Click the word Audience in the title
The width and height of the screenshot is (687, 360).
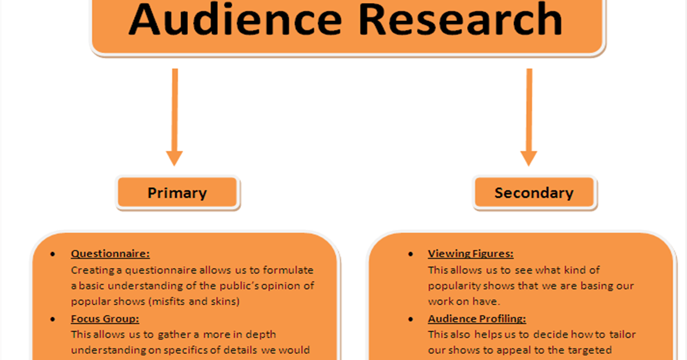point(235,20)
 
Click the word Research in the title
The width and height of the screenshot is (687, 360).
point(460,20)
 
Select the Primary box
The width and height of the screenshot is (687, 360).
point(177,193)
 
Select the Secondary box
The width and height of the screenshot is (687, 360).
point(534,193)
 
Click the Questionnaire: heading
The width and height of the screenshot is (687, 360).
point(111,253)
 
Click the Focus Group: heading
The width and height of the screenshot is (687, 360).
point(105,319)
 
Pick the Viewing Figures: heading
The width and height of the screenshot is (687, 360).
point(471,253)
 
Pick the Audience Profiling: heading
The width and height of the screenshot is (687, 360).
point(477,319)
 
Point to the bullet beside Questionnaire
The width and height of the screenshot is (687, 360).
point(53,254)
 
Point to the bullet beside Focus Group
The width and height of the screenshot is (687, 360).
point(53,319)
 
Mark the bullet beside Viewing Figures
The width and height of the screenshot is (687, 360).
point(411,254)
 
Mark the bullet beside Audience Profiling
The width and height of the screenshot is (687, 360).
point(411,319)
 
